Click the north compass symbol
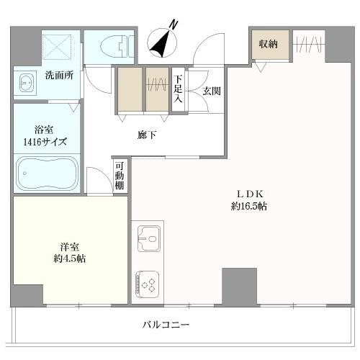coord(163,42)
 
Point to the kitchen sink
coord(148,237)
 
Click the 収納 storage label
coord(269,45)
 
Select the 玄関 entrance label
coord(211,91)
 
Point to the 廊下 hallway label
coord(147,134)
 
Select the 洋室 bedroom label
coord(69,246)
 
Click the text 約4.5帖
coord(69,258)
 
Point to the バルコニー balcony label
coord(166,325)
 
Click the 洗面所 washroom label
coord(59,74)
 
